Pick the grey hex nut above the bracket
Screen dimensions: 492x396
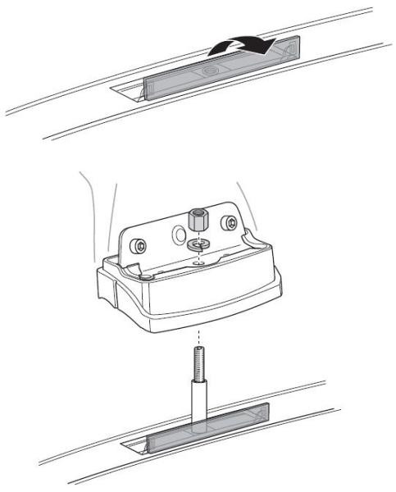point(198,219)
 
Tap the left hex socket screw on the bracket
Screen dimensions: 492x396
point(142,245)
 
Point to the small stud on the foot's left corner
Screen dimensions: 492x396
point(146,280)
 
